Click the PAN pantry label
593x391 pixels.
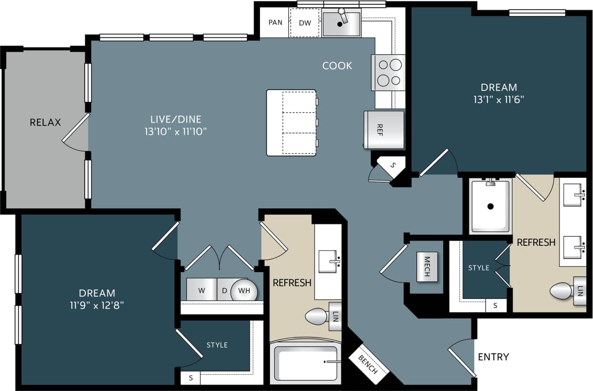pyautogui.click(x=275, y=23)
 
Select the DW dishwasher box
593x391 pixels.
pyautogui.click(x=305, y=23)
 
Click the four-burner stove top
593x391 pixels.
pyautogui.click(x=389, y=72)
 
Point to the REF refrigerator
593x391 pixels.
pyautogui.click(x=384, y=129)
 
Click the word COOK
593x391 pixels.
pyautogui.click(x=337, y=66)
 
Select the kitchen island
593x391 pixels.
pyautogui.click(x=291, y=123)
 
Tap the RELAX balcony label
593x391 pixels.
pyautogui.click(x=45, y=122)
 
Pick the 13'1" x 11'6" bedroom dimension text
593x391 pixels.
pyautogui.click(x=499, y=100)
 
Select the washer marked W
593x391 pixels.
pyautogui.click(x=201, y=290)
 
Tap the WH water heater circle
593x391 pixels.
pyautogui.click(x=244, y=291)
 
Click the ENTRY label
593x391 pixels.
pyautogui.click(x=493, y=357)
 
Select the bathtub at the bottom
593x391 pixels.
pyautogui.click(x=306, y=363)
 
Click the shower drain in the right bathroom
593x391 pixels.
pyautogui.click(x=491, y=207)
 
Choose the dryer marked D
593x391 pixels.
pyautogui.click(x=224, y=290)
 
